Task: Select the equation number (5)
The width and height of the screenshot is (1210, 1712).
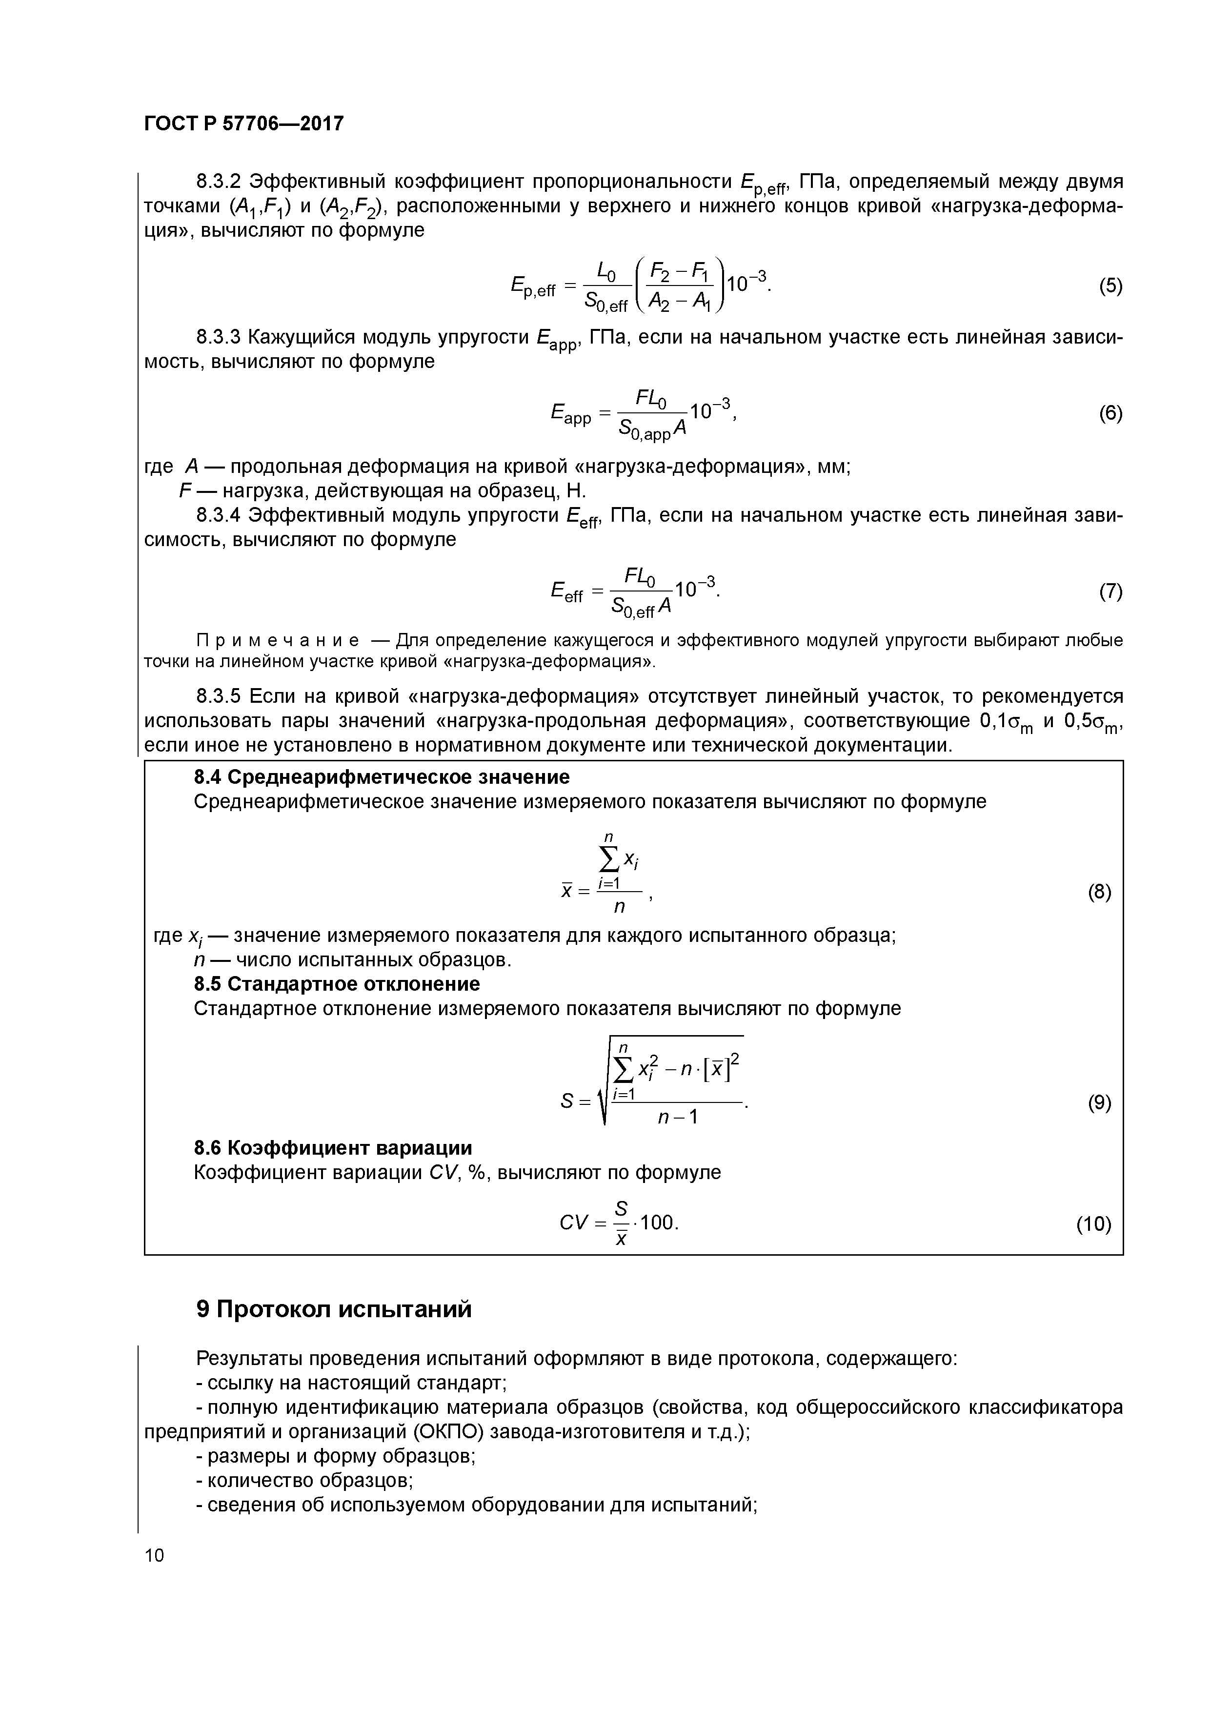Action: (x=1110, y=286)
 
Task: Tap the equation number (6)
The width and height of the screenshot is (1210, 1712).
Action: (x=1110, y=414)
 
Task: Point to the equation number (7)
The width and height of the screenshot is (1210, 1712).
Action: (x=1110, y=591)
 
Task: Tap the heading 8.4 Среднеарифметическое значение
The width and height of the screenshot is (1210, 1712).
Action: (x=381, y=777)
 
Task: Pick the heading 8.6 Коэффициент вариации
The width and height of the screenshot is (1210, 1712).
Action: (x=333, y=1147)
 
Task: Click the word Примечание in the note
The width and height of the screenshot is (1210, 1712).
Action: (x=277, y=640)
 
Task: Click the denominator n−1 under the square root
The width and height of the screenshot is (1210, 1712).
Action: (x=677, y=1117)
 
